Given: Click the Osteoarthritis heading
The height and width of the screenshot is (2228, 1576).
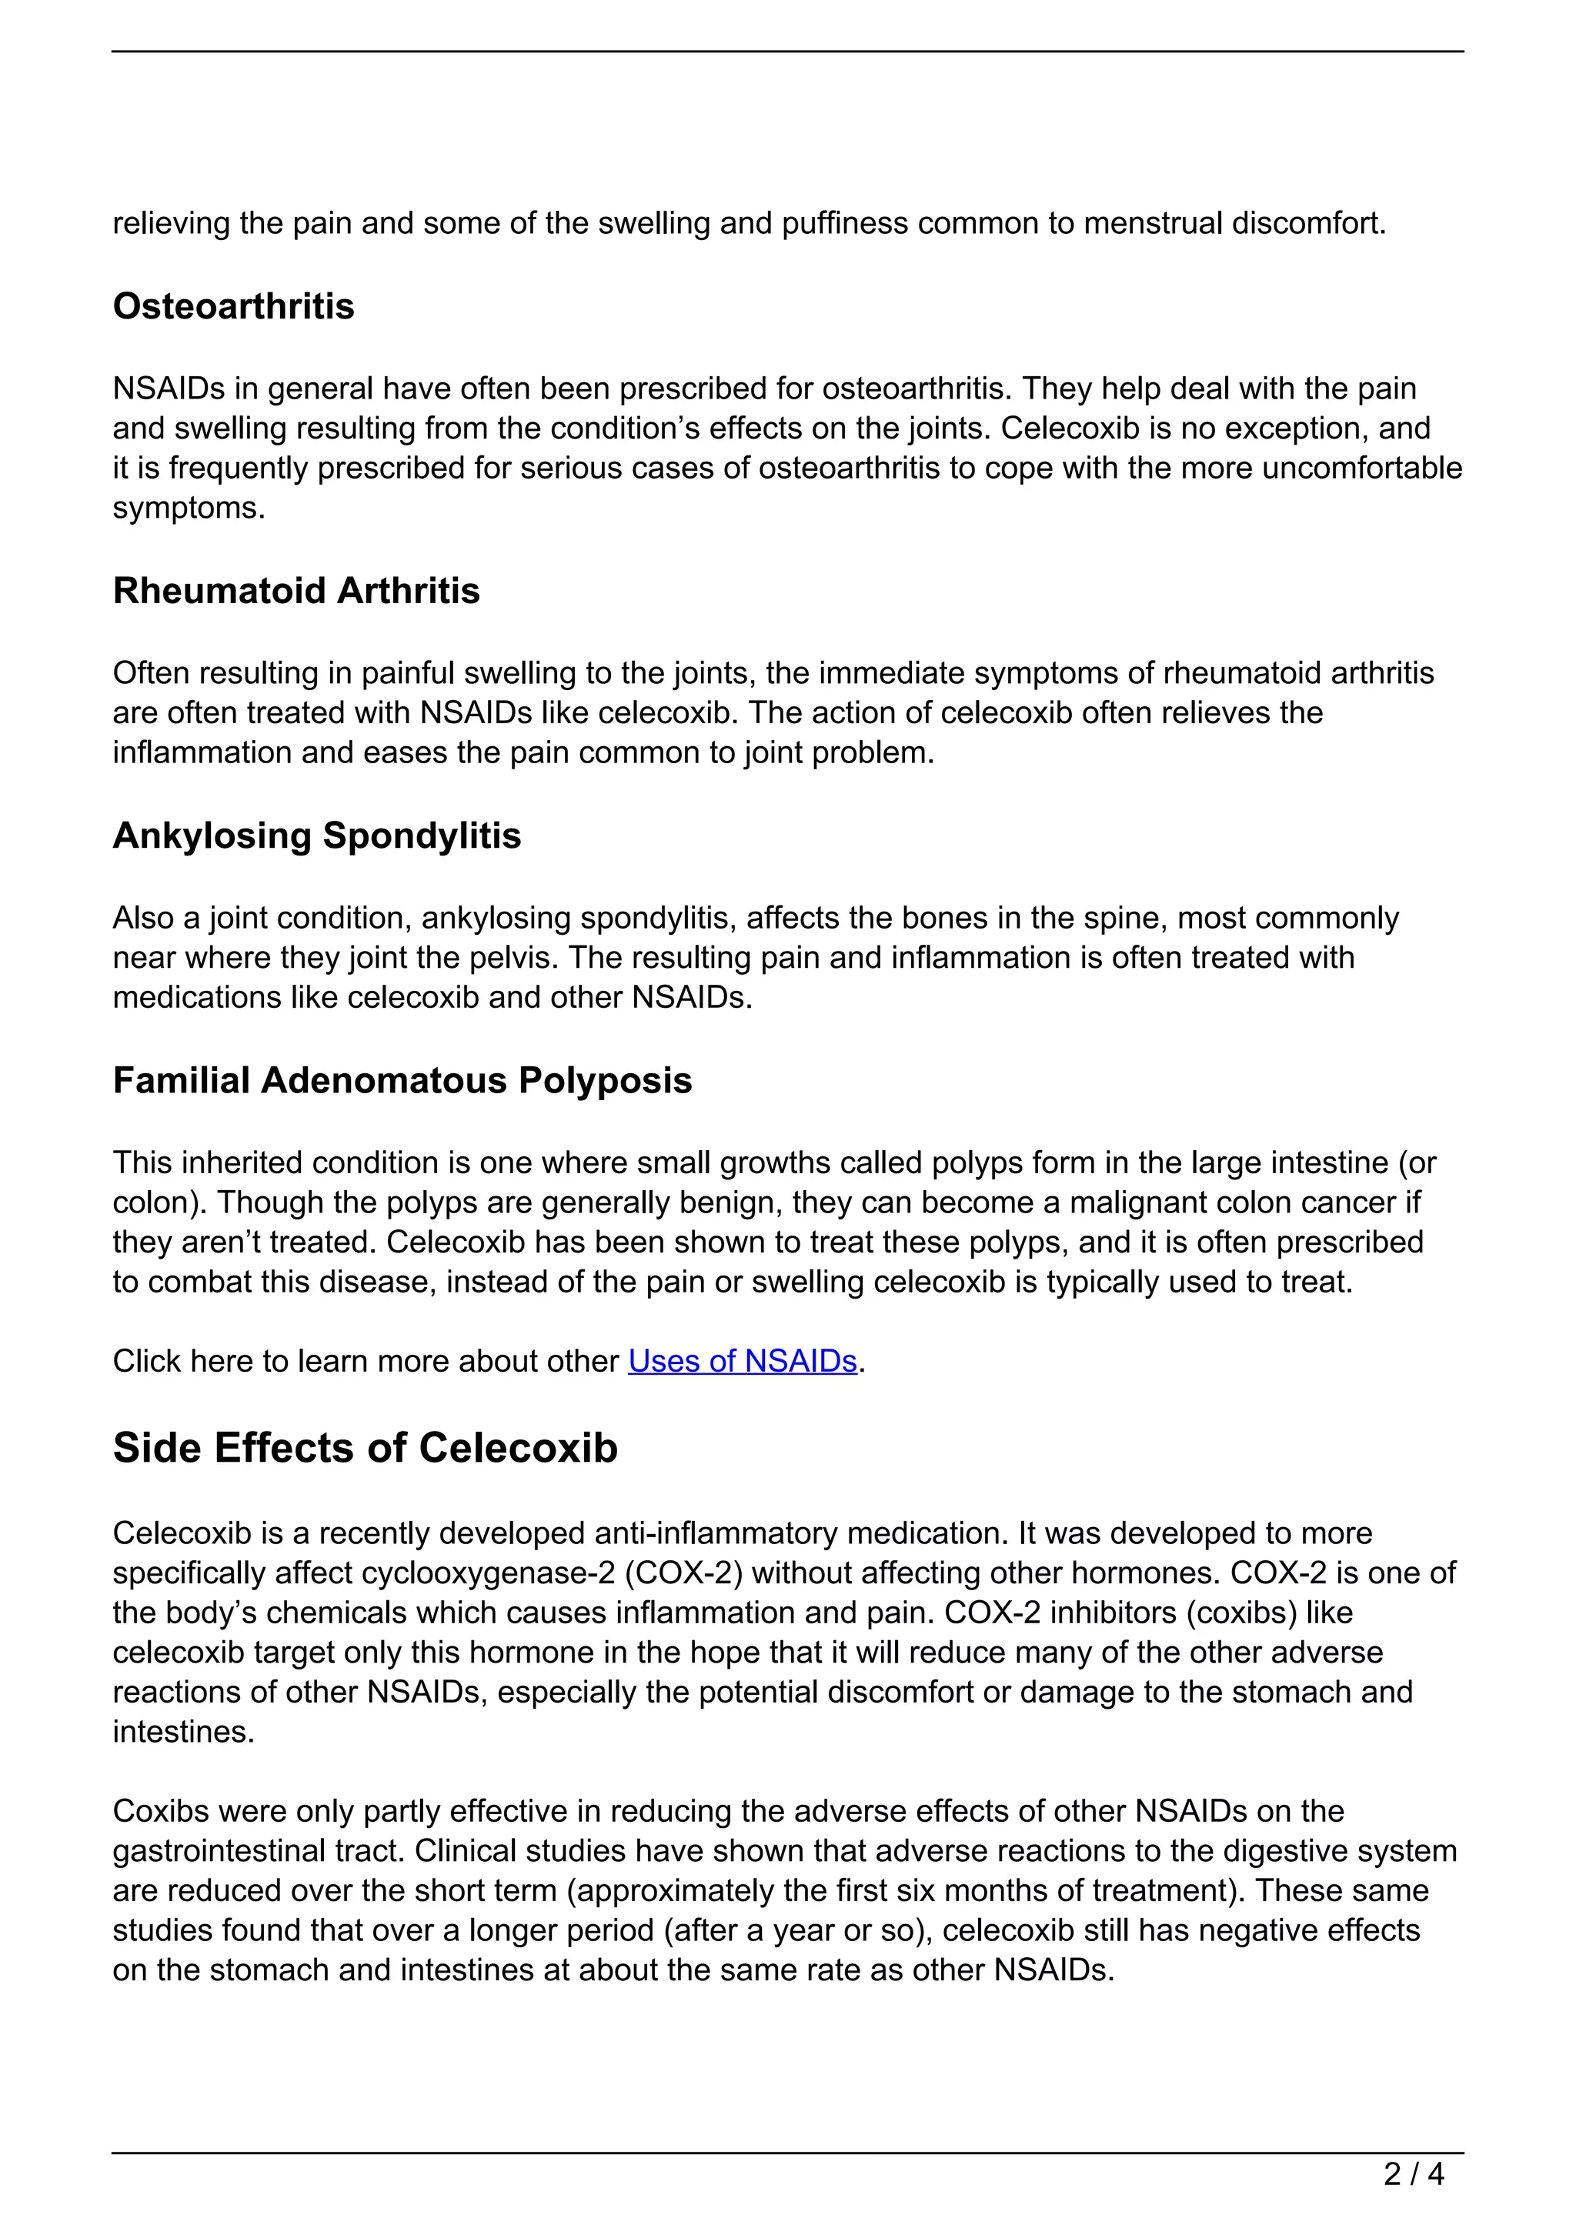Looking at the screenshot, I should pyautogui.click(x=233, y=307).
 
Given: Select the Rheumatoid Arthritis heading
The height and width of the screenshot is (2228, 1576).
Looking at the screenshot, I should pyautogui.click(x=296, y=591).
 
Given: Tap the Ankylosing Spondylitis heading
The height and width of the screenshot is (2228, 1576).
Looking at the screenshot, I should pyautogui.click(x=316, y=835).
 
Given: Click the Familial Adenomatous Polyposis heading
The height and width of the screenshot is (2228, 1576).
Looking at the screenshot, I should pyautogui.click(x=402, y=1080).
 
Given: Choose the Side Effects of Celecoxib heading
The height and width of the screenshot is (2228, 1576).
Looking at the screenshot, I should pyautogui.click(x=365, y=1448).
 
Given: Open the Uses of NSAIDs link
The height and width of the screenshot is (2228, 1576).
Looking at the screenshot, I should pyautogui.click(x=743, y=1362).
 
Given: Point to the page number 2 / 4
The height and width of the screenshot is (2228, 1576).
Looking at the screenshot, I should pyautogui.click(x=1413, y=2175).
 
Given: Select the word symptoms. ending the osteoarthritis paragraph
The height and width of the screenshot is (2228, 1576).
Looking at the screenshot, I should pyautogui.click(x=189, y=509).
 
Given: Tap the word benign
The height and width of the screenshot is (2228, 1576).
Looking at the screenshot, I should pyautogui.click(x=730, y=1202).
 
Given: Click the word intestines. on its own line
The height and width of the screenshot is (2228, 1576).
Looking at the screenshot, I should pyautogui.click(x=183, y=1732).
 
